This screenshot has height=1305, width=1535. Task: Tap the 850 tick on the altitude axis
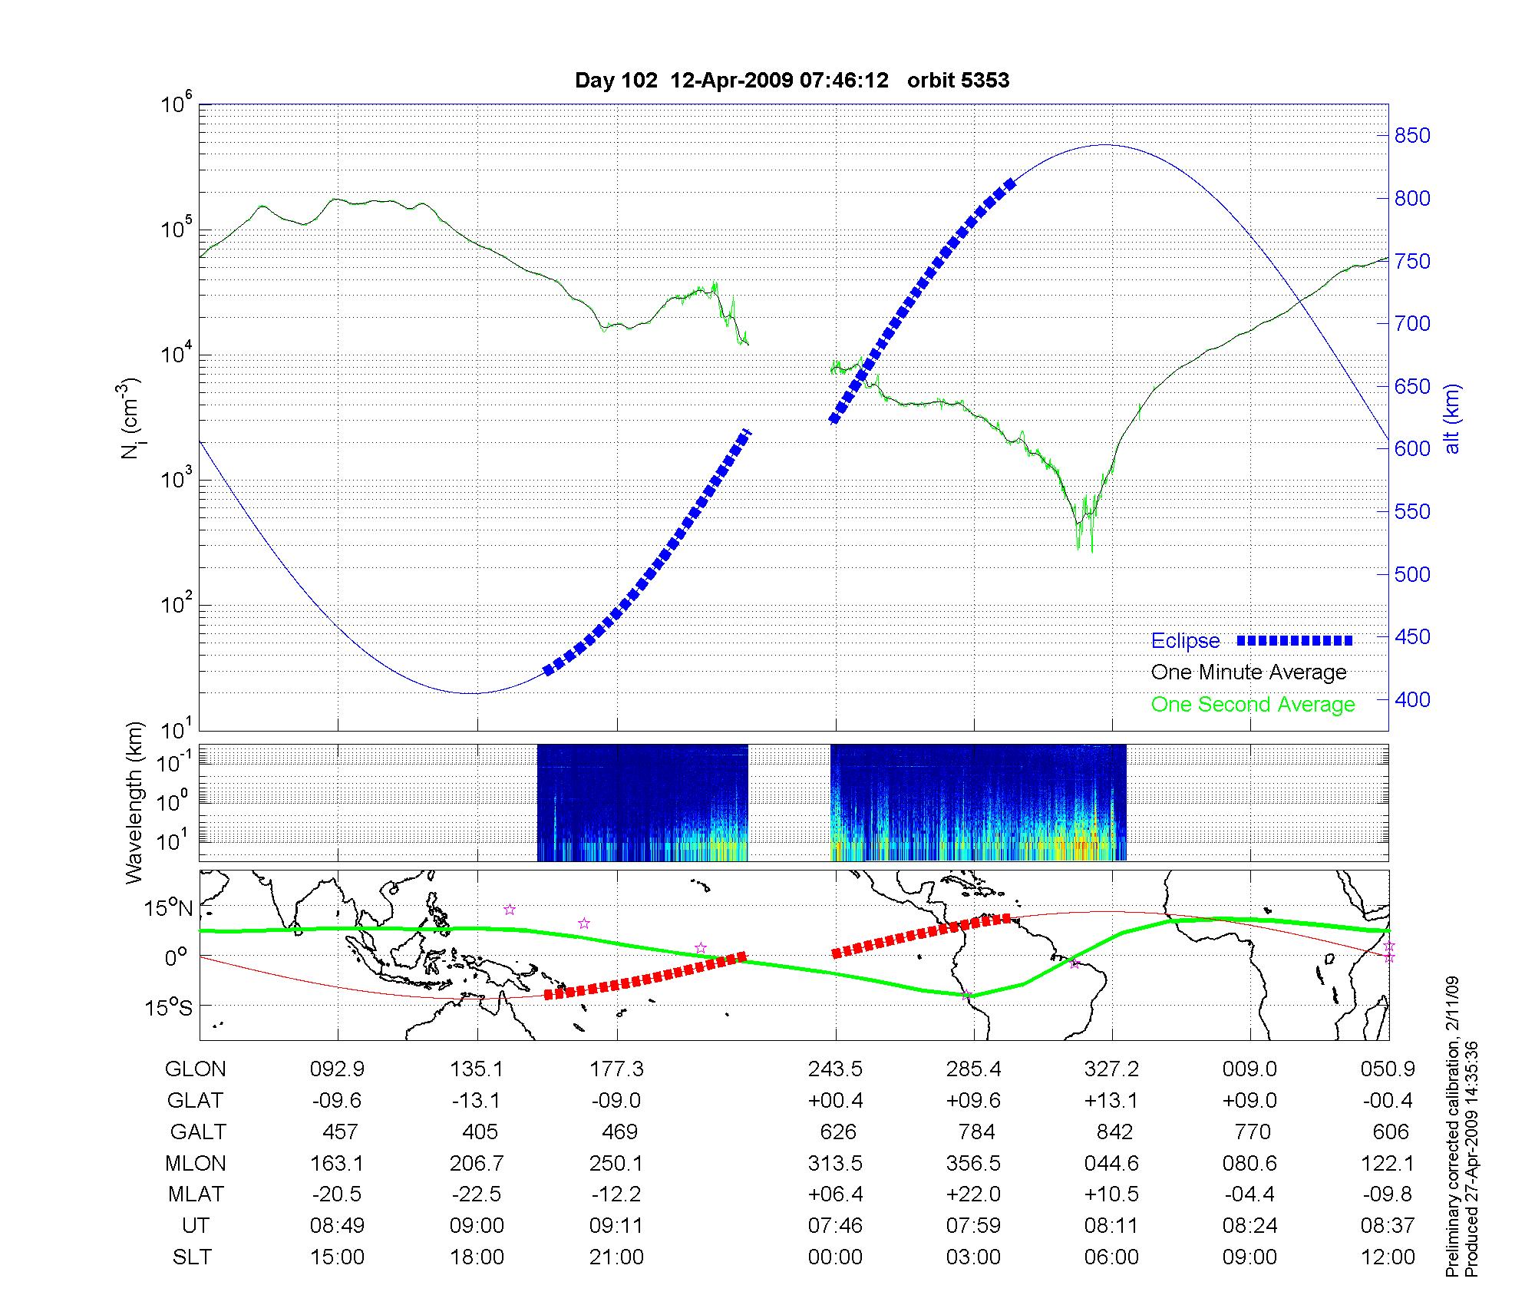(1412, 136)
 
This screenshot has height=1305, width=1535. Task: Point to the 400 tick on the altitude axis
(1412, 699)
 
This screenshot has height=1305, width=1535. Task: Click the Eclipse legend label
(1185, 641)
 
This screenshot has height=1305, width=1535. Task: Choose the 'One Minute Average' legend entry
(1249, 672)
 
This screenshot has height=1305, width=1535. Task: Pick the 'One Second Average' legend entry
(1253, 705)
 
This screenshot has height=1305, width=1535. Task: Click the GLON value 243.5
(835, 1069)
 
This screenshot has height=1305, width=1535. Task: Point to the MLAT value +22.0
(974, 1194)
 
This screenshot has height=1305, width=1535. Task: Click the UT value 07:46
(835, 1226)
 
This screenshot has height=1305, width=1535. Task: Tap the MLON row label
(196, 1163)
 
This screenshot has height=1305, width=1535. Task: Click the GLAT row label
(195, 1100)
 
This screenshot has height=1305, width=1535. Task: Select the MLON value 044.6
(1111, 1163)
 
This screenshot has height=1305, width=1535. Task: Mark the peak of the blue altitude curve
(1104, 144)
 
